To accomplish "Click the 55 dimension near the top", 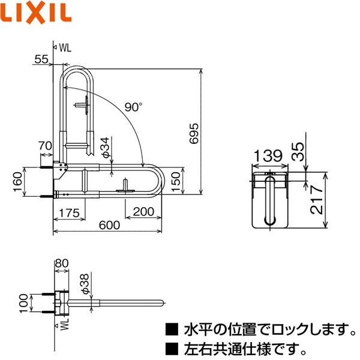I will pos(41,58).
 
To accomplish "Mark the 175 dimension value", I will pos(70,212).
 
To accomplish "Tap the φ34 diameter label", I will pos(105,147).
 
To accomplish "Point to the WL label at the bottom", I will pos(65,325).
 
